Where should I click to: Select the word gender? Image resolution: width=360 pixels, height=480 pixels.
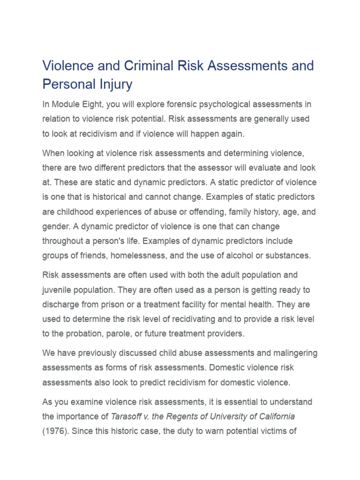tap(56, 226)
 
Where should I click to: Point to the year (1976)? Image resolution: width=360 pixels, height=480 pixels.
tap(57, 431)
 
